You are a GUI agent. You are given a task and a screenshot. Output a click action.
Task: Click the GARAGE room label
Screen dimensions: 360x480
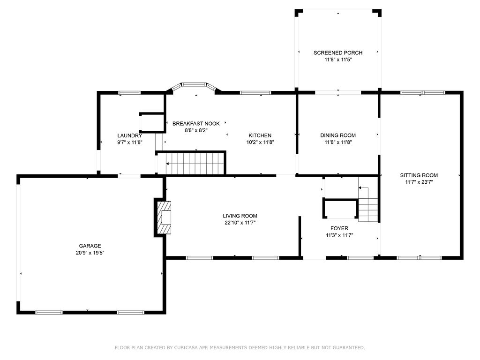[x=90, y=246]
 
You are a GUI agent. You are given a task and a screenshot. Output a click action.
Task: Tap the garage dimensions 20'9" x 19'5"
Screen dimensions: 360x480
[x=90, y=253]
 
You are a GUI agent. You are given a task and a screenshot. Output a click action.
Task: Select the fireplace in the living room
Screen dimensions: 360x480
[x=164, y=217]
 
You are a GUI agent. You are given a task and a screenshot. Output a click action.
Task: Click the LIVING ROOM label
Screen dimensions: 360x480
[x=240, y=216]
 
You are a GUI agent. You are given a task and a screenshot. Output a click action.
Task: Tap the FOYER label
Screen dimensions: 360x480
[x=339, y=229]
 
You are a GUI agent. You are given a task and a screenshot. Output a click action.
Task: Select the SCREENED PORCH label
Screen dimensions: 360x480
[x=337, y=53]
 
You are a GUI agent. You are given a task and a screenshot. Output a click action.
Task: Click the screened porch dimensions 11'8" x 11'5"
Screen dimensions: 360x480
[x=337, y=60]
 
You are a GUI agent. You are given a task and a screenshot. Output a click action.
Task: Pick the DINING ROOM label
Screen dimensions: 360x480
[x=338, y=135]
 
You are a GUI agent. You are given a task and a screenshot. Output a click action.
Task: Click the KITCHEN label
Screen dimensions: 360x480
[x=260, y=135]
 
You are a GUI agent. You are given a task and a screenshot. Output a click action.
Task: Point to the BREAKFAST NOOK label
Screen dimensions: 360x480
[x=196, y=124]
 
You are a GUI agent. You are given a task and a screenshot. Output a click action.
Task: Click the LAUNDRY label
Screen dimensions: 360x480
[x=129, y=135]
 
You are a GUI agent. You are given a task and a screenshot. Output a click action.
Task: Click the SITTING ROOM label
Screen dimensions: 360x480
[x=419, y=175]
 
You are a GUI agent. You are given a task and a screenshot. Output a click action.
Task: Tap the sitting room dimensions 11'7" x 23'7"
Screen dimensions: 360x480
[x=419, y=182]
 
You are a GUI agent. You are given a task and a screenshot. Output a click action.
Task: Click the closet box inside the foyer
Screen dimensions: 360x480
[x=340, y=209]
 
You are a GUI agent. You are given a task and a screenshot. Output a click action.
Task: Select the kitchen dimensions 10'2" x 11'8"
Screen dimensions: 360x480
[x=260, y=142]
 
